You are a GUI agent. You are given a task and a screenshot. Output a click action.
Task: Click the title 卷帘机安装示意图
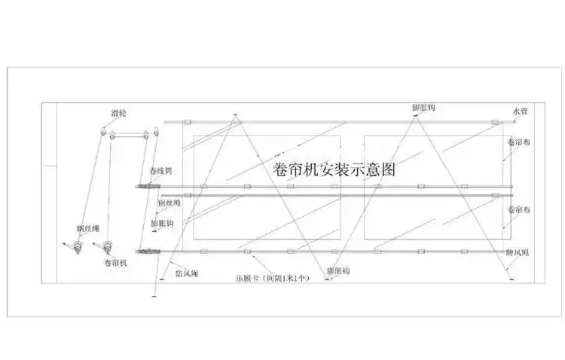pos(331,170)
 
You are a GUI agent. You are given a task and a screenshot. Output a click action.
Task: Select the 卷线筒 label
pos(161,172)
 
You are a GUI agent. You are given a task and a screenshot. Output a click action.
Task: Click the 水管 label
pos(521,112)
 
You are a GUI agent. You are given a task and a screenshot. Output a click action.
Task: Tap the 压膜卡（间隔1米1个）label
pos(271,278)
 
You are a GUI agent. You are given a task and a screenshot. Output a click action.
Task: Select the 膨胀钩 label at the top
pos(423,108)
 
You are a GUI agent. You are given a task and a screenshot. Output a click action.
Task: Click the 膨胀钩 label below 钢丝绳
pos(163,224)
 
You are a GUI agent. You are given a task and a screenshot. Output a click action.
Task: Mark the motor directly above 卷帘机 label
pos(108,246)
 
